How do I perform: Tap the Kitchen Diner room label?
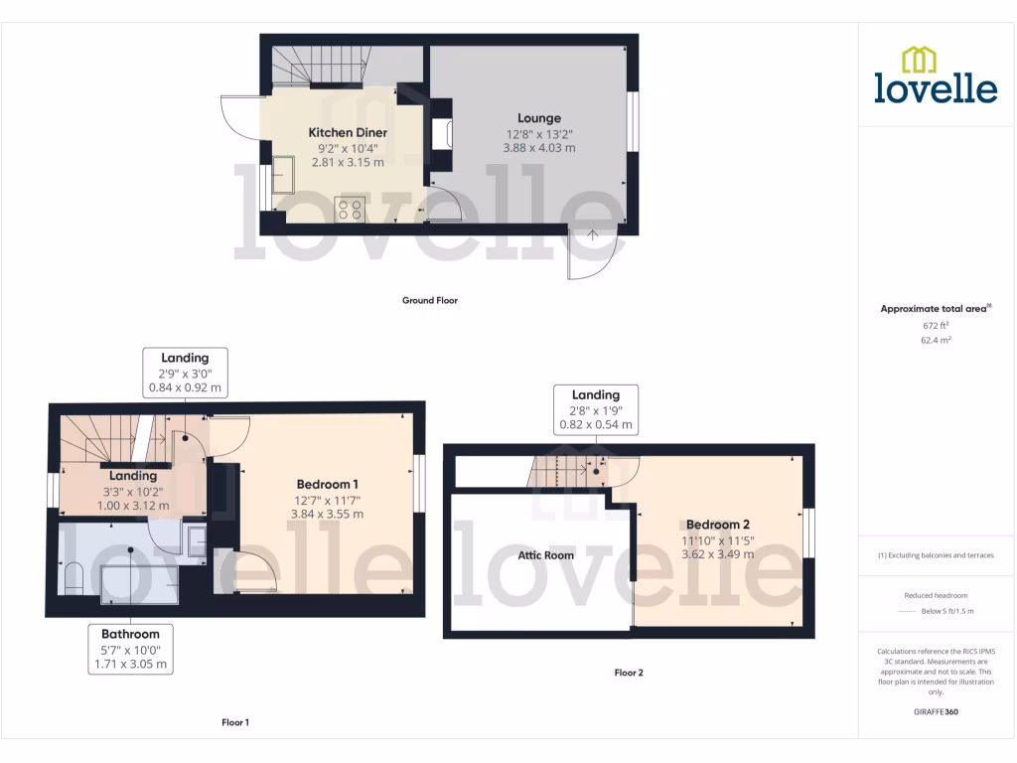[x=348, y=132]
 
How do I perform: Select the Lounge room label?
[x=539, y=118]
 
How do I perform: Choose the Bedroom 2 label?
[x=717, y=525]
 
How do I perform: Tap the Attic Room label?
[x=545, y=555]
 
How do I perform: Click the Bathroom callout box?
[x=130, y=649]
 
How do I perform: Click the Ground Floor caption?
[x=429, y=300]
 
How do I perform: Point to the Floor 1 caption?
[x=235, y=722]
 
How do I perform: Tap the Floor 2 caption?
[x=629, y=673]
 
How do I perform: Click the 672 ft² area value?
[x=936, y=325]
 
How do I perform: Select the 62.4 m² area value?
[x=936, y=340]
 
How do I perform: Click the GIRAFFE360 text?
[x=936, y=711]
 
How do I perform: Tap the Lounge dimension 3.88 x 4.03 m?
[x=539, y=148]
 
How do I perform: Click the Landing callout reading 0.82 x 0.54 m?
[x=596, y=425]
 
